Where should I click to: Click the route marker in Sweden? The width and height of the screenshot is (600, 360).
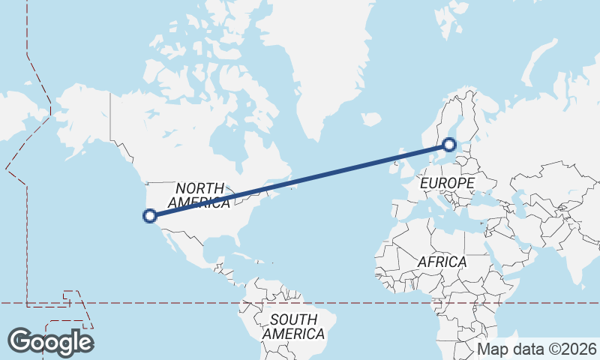448,145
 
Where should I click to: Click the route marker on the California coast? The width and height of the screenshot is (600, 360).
149,216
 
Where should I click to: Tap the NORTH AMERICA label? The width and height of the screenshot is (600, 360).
199,195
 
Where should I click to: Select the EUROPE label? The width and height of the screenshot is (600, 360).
447,183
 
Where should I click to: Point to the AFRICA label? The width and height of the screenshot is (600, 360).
442,262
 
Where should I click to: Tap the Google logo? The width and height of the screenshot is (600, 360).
51,342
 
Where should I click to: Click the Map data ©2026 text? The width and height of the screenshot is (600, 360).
537,349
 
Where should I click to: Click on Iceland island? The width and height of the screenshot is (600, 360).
370,118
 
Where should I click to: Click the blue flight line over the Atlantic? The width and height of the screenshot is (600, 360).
315,177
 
